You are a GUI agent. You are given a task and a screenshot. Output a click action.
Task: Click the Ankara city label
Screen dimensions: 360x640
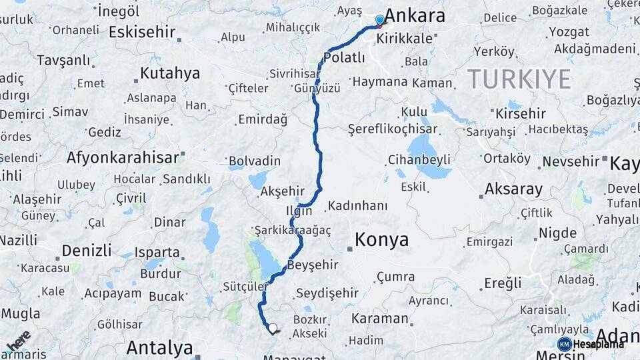[415, 16]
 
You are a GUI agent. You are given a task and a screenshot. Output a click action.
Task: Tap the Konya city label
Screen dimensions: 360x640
[381, 240]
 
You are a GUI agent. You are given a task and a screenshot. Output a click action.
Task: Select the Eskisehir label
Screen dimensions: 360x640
[142, 32]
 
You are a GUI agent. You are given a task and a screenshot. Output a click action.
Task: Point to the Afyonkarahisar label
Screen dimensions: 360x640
[123, 158]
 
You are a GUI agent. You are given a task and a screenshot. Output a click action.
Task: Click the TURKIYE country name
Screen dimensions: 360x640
[519, 79]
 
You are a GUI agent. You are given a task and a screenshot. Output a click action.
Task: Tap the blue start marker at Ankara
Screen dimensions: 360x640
[379, 20]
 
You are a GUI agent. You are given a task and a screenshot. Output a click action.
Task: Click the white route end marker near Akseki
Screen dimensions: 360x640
[272, 328]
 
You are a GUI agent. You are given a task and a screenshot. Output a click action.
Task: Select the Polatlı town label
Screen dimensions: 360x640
[345, 57]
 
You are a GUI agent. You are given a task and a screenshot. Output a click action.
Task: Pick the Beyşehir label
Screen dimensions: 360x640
[313, 265]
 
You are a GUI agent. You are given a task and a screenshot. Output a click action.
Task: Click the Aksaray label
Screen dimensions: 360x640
[513, 189]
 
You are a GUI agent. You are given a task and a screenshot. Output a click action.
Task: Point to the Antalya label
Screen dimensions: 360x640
[159, 347]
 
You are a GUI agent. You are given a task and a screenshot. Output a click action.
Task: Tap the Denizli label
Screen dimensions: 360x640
[87, 251]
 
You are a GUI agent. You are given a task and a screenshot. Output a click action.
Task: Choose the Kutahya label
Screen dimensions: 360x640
[170, 73]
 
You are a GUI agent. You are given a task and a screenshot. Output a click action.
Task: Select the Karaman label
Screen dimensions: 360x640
[379, 318]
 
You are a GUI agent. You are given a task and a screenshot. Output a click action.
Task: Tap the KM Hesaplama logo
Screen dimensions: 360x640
[591, 344]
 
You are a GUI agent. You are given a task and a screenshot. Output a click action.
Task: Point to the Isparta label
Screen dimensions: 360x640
[157, 253]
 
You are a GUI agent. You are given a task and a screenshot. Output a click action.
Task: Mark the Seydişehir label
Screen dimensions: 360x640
[327, 293]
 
